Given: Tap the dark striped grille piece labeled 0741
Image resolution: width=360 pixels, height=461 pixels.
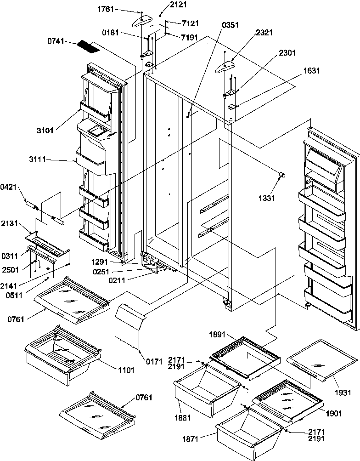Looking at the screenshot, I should (88, 46).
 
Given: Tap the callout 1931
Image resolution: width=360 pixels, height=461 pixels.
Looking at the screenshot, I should (342, 393).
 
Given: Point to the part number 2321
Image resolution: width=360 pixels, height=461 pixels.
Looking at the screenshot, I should (265, 33).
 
